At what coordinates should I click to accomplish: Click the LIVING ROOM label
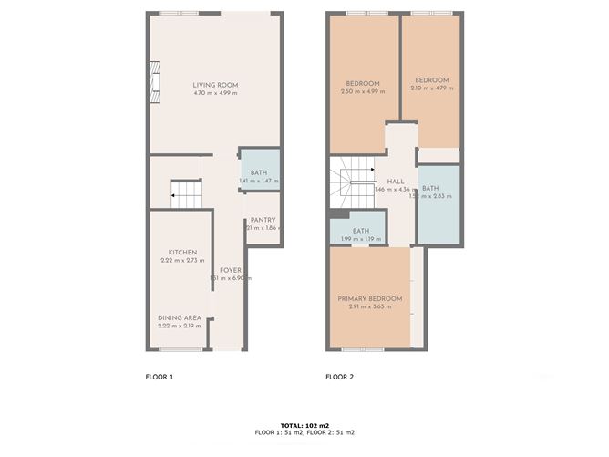click(x=215, y=85)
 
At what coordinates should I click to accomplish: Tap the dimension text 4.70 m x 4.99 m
click(x=215, y=93)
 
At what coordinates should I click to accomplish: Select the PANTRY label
click(x=263, y=220)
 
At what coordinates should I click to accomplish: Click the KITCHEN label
click(x=182, y=253)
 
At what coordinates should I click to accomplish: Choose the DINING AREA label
click(x=180, y=317)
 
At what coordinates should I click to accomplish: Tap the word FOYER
click(x=231, y=270)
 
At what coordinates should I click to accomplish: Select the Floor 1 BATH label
click(x=259, y=172)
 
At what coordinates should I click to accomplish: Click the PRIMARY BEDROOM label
click(x=369, y=298)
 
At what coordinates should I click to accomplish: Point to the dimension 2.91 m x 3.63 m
click(x=369, y=306)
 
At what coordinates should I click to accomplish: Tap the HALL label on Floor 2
click(x=396, y=181)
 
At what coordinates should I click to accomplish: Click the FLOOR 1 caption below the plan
click(x=160, y=376)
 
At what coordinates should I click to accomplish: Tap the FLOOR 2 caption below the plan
click(x=340, y=376)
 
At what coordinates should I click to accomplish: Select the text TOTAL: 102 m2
click(x=304, y=425)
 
